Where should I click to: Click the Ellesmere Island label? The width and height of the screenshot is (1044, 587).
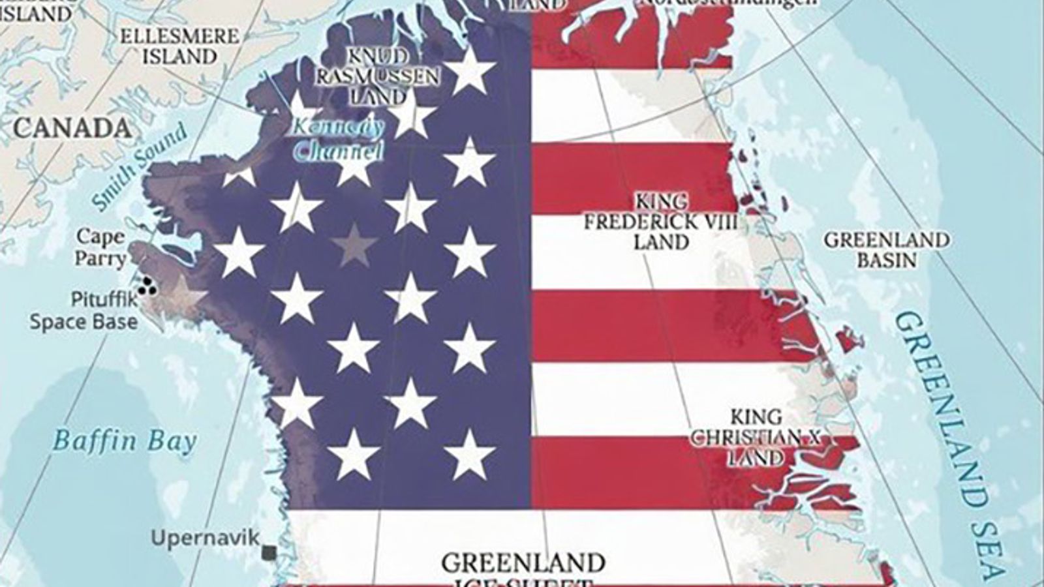coord(179,46)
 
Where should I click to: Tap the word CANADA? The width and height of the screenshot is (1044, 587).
coord(72,128)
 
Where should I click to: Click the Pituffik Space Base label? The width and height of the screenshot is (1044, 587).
coord(84,311)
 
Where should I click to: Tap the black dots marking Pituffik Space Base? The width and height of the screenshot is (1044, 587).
coord(148,285)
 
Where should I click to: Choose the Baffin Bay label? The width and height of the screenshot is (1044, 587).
coord(124,442)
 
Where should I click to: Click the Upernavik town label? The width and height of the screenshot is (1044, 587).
coord(205,539)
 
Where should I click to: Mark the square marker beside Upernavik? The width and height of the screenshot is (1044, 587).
coord(268,553)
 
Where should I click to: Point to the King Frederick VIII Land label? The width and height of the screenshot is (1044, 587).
coord(660,221)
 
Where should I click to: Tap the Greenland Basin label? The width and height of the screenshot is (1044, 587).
coord(886,249)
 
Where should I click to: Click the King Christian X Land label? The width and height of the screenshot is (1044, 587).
coord(756,437)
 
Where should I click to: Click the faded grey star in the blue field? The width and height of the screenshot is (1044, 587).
coord(354,245)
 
